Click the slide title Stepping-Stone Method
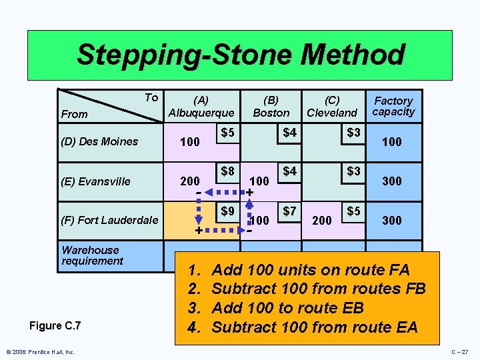pyautogui.click(x=240, y=55)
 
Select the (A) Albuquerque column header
pyautogui.click(x=201, y=107)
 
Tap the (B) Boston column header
pyautogui.click(x=271, y=107)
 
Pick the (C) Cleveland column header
pyautogui.click(x=332, y=107)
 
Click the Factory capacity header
pyautogui.click(x=393, y=106)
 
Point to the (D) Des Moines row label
pyautogui.click(x=99, y=141)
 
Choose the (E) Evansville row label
pyautogui.click(x=96, y=181)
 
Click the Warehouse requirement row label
pyautogui.click(x=92, y=255)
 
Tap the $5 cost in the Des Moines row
pyautogui.click(x=227, y=133)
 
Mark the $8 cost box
pyautogui.click(x=227, y=171)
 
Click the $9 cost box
pyautogui.click(x=227, y=211)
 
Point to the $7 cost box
pyautogui.click(x=289, y=211)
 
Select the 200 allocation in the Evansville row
pyautogui.click(x=190, y=181)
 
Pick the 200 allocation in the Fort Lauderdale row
pyautogui.click(x=322, y=220)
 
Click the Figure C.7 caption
pyautogui.click(x=55, y=326)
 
